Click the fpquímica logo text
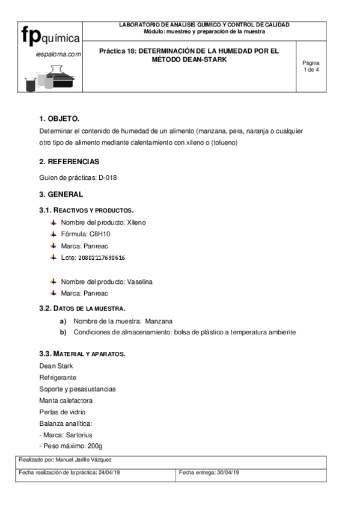pyautogui.click(x=51, y=36)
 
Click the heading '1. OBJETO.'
pyautogui.click(x=59, y=118)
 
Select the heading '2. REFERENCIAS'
pyautogui.click(x=69, y=162)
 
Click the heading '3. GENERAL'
pyautogui.click(x=61, y=194)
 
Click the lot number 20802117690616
pyautogui.click(x=102, y=258)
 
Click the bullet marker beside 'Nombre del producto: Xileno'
pyautogui.click(x=53, y=223)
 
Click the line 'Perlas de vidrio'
pyautogui.click(x=62, y=412)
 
